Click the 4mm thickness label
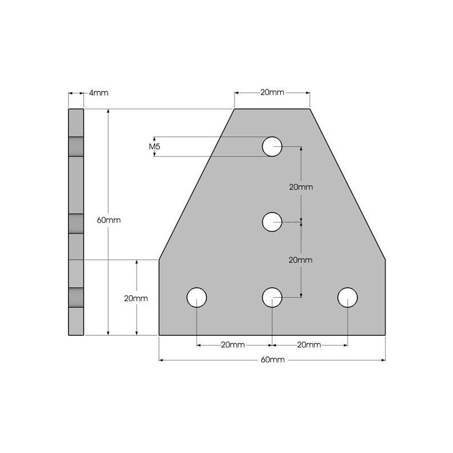(x=99, y=93)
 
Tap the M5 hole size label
(x=154, y=147)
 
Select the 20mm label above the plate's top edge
(x=272, y=92)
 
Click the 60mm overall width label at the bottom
(x=272, y=360)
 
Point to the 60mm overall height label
(x=108, y=220)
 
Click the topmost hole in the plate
(x=272, y=147)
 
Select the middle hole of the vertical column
(x=272, y=222)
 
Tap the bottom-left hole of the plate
(x=196, y=297)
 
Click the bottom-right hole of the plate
(x=348, y=297)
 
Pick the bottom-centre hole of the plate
(x=272, y=297)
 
